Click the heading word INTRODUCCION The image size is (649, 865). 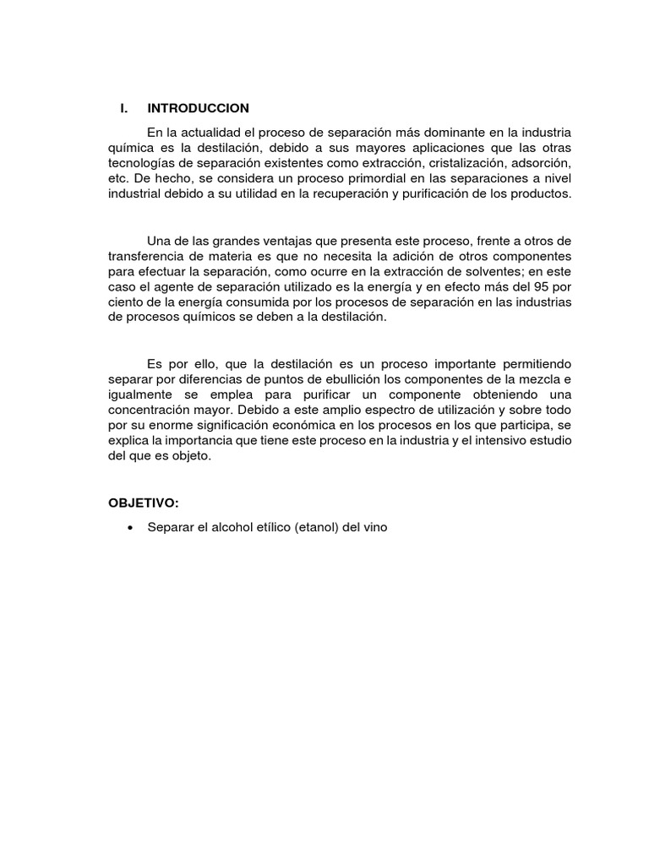tap(198, 108)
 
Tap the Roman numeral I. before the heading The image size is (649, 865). tap(123, 108)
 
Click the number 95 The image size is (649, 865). tap(546, 286)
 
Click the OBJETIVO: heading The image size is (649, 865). tap(144, 503)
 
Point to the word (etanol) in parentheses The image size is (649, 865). tap(317, 527)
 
